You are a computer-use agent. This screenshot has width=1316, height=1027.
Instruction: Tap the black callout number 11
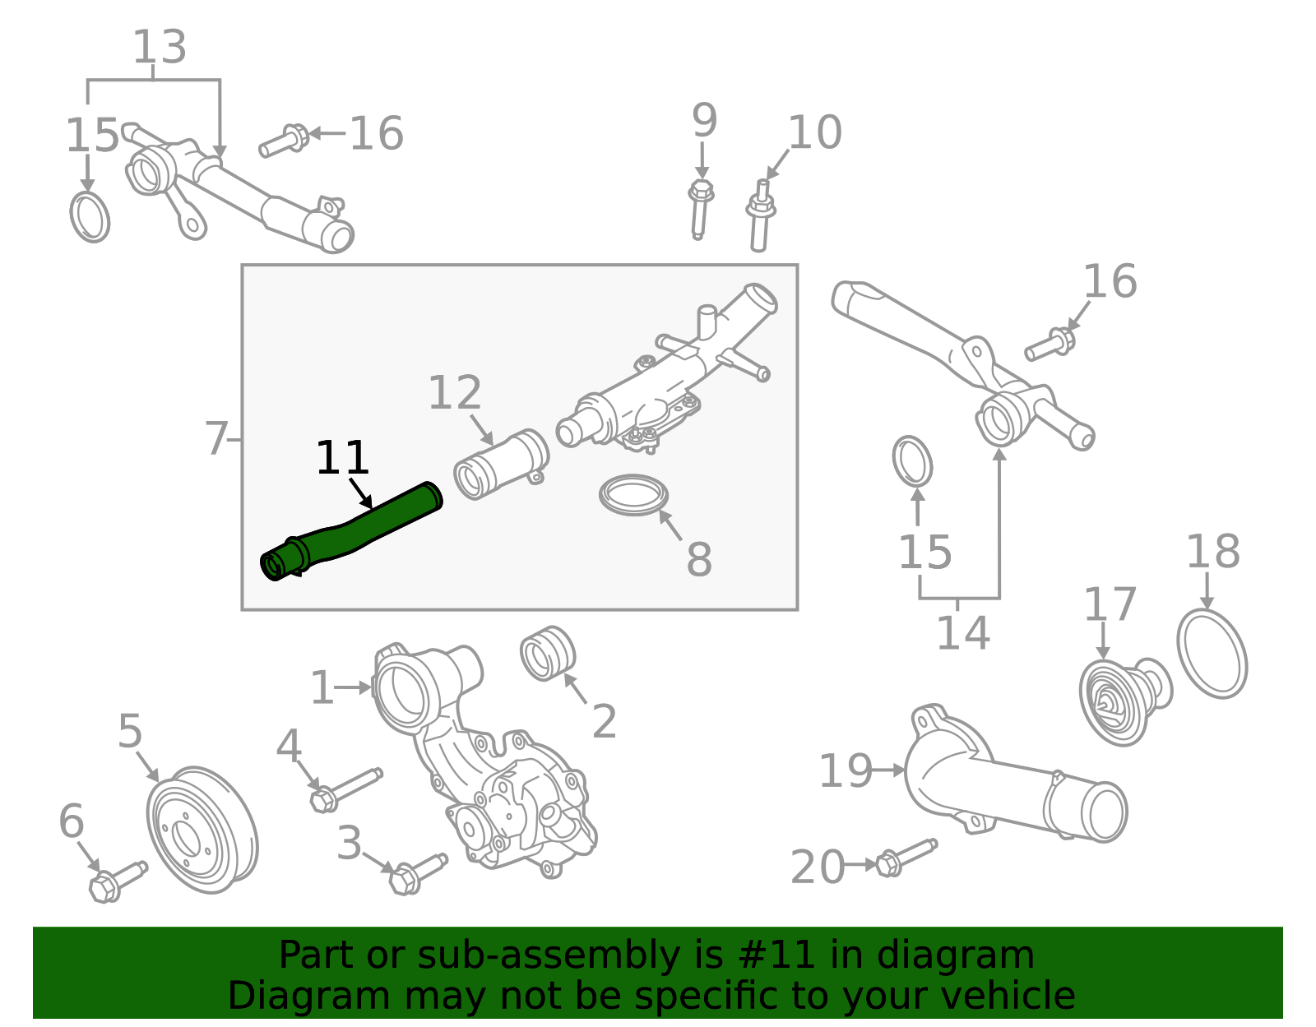[x=342, y=459]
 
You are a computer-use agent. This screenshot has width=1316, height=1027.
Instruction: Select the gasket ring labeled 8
[x=633, y=495]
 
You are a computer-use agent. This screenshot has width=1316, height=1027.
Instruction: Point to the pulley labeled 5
[x=201, y=830]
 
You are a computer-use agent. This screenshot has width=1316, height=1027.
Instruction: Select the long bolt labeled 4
[x=345, y=787]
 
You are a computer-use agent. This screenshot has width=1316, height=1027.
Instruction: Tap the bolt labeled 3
[x=416, y=873]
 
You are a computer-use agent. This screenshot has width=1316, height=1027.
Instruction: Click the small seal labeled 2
[x=547, y=654]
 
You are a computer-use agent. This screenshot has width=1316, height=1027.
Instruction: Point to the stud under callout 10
[x=761, y=217]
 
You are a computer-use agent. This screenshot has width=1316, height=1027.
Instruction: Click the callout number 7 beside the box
[x=215, y=439]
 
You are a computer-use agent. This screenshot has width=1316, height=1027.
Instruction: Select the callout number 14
[x=963, y=633]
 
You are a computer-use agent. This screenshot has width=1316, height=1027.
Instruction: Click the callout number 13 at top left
[x=160, y=48]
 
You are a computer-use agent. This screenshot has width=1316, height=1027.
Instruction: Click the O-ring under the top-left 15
[x=90, y=217]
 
